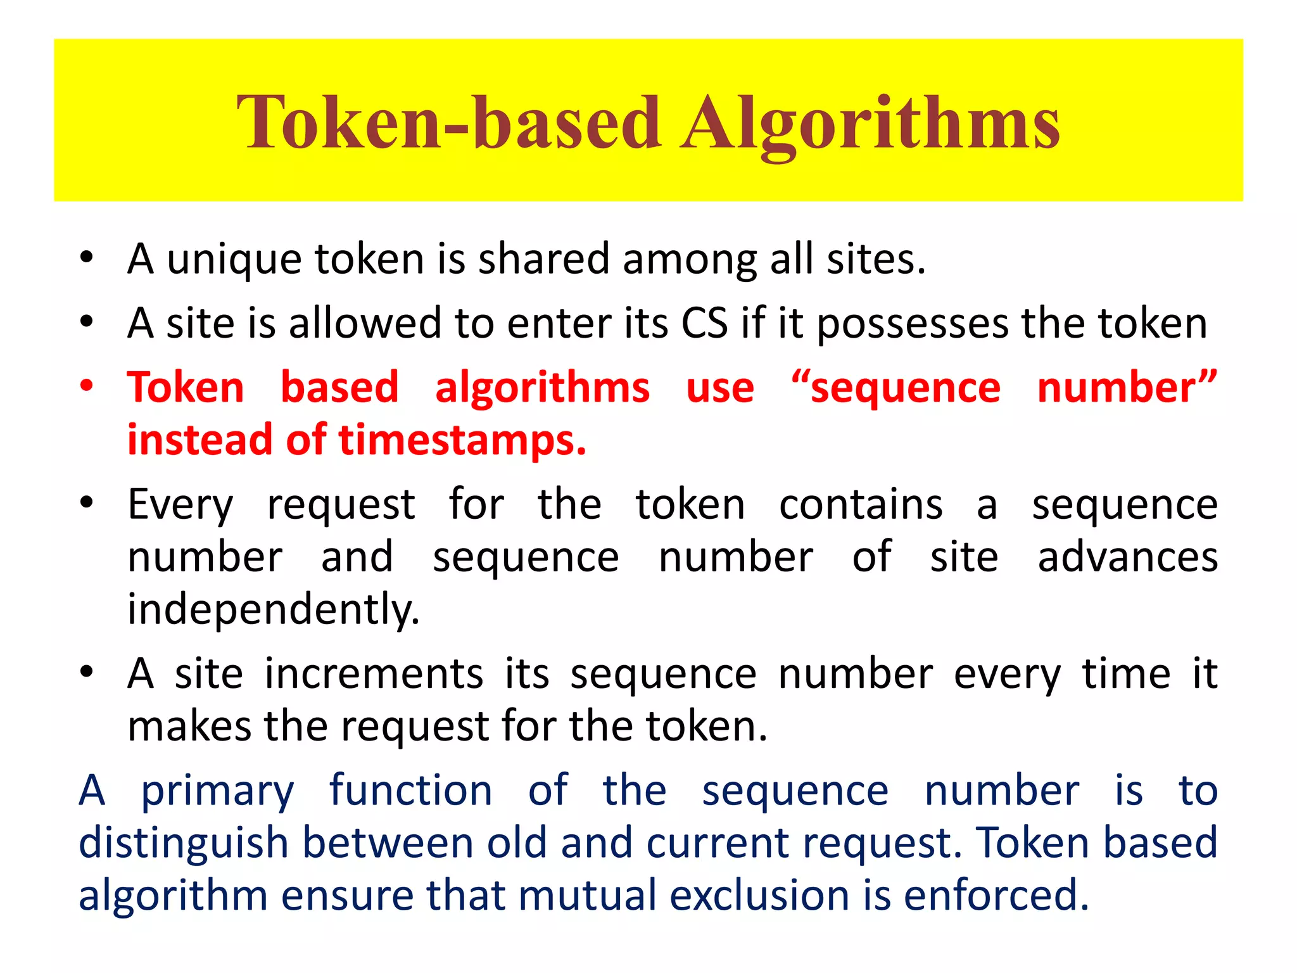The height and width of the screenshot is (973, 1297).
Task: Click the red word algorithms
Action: [x=542, y=388]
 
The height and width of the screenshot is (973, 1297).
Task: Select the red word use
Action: [x=720, y=388]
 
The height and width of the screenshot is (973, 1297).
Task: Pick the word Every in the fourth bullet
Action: [x=180, y=506]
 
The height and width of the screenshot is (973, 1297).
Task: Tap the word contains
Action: [x=861, y=505]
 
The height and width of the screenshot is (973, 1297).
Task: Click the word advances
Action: [x=1128, y=557]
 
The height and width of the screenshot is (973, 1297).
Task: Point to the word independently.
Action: [x=274, y=609]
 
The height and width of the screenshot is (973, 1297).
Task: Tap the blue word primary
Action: [x=217, y=792]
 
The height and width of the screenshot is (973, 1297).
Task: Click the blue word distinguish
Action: [x=184, y=844]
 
